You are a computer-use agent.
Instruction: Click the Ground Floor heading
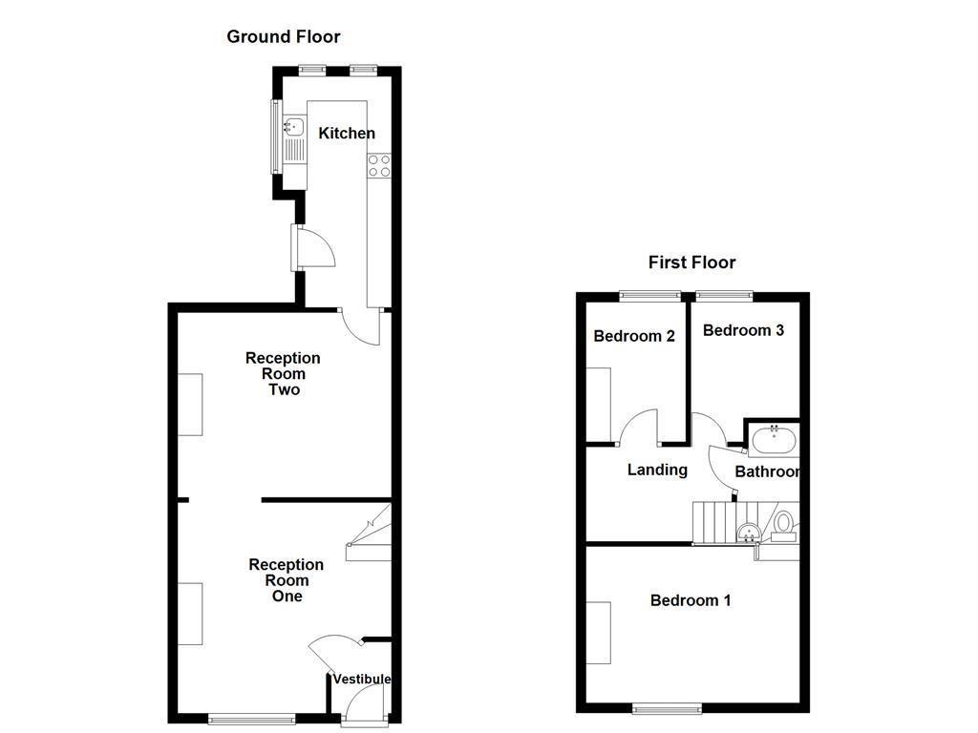click(x=283, y=37)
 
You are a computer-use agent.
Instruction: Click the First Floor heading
click(x=691, y=262)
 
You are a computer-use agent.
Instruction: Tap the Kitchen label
click(x=347, y=134)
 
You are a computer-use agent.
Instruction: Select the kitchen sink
click(x=292, y=126)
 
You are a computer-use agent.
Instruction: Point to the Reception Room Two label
click(x=283, y=373)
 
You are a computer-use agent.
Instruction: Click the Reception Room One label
click(x=287, y=580)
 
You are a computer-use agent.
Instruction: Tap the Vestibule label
click(x=362, y=680)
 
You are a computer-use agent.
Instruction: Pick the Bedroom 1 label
click(x=691, y=600)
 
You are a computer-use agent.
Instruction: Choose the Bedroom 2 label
click(x=634, y=336)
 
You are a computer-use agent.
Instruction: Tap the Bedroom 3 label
click(x=743, y=330)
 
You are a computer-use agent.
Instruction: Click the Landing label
click(x=657, y=470)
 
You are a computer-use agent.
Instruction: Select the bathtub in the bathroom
click(x=773, y=441)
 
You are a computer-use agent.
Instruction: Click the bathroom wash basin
click(x=749, y=531)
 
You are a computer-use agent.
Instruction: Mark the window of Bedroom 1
click(x=667, y=708)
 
